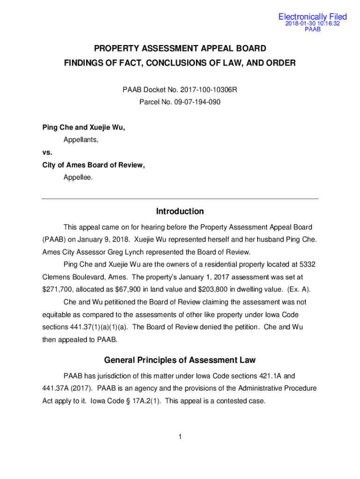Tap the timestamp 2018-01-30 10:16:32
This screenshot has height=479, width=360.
tap(312, 23)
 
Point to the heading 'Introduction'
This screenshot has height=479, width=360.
tap(180, 211)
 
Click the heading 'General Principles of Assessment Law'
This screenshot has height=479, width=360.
tap(180, 360)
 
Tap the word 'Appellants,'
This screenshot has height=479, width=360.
tap(81, 139)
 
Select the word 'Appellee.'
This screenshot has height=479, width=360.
tap(78, 177)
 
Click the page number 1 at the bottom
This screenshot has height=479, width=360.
tap(180, 437)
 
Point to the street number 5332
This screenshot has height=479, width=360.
tap(306, 264)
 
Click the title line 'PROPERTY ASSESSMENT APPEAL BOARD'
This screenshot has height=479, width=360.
tap(180, 48)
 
